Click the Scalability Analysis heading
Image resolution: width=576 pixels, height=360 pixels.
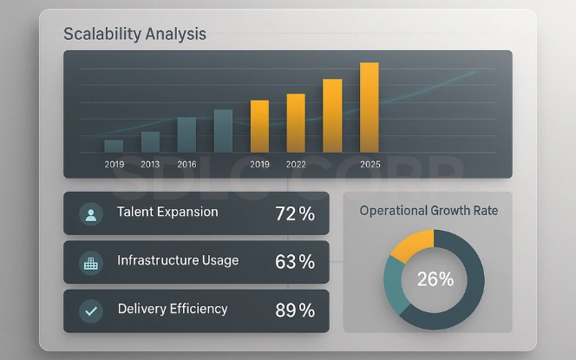click(x=135, y=35)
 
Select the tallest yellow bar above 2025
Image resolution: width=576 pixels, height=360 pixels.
click(x=370, y=107)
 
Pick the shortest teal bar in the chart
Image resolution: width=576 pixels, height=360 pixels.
click(x=114, y=146)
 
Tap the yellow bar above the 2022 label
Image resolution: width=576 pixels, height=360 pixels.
click(x=297, y=122)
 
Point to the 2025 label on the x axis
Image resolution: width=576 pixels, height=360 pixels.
click(x=370, y=164)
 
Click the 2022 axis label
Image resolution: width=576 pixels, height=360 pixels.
click(x=296, y=164)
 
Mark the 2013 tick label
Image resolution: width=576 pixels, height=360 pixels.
click(x=150, y=164)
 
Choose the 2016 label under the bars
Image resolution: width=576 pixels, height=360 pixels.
click(x=187, y=164)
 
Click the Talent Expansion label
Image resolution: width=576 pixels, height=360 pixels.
click(x=167, y=213)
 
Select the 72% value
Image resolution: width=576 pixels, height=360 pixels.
click(x=295, y=213)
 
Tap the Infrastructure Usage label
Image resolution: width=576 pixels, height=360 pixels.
click(x=178, y=260)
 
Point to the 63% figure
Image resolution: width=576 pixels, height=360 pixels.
click(x=295, y=262)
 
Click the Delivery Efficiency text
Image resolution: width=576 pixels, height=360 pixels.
click(x=173, y=309)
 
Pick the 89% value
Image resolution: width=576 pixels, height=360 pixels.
click(x=295, y=311)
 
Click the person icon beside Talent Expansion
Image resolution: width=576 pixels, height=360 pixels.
click(x=90, y=214)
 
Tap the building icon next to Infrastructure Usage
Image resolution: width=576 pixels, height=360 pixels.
click(x=90, y=263)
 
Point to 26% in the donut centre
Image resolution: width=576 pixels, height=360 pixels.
click(x=435, y=279)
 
